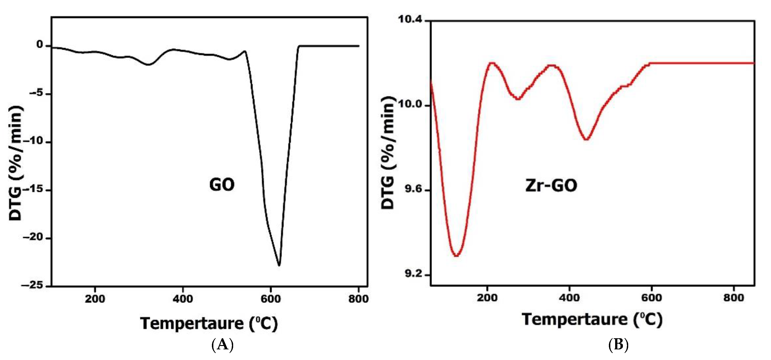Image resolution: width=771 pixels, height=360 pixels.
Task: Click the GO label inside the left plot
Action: (222, 185)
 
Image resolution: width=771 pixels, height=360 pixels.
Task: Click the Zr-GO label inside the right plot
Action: (551, 186)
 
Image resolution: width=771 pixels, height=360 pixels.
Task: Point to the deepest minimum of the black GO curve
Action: (279, 265)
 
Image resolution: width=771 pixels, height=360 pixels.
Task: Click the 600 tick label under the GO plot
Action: (271, 299)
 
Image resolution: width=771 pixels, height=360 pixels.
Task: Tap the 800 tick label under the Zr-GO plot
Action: (733, 298)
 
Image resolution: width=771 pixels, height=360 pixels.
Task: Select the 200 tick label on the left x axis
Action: (95, 299)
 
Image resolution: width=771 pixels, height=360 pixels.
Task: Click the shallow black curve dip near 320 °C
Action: (149, 64)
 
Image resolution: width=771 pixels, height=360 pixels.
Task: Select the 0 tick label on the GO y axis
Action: (40, 45)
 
